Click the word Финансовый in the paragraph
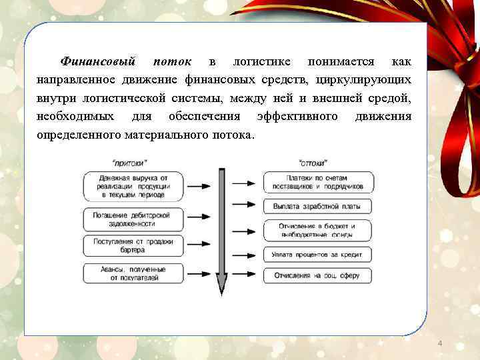pyautogui.click(x=97, y=62)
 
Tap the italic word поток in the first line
pyautogui.click(x=172, y=62)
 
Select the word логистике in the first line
pyautogui.click(x=261, y=62)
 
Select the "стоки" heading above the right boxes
pyautogui.click(x=313, y=162)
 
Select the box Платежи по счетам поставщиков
pyautogui.click(x=319, y=182)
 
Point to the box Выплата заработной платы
pyautogui.click(x=319, y=207)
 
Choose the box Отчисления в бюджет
pyautogui.click(x=319, y=230)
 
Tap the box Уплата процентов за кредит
pyautogui.click(x=319, y=254)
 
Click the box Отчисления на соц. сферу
pyautogui.click(x=319, y=275)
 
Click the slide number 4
pyautogui.click(x=440, y=343)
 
